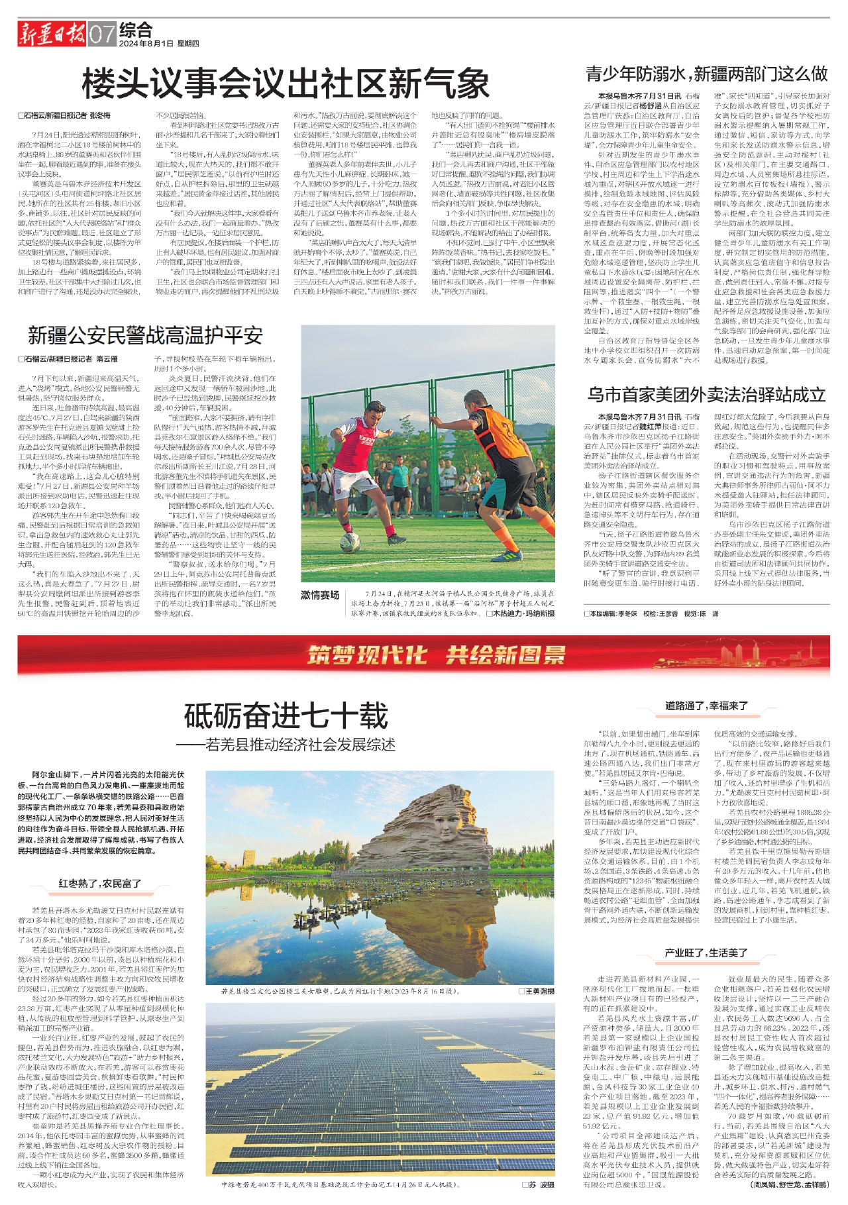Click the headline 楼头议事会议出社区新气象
pos(286,85)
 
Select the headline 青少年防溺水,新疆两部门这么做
pos(706,73)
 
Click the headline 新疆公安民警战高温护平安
pos(145,336)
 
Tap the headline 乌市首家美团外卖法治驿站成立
pos(706,395)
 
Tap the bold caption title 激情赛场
pos(320,595)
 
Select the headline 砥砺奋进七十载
pos(286,715)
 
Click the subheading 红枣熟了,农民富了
pos(100,884)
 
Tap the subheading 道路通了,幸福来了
pos(706,706)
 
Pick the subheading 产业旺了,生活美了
pos(706,953)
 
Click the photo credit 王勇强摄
pos(539,992)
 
